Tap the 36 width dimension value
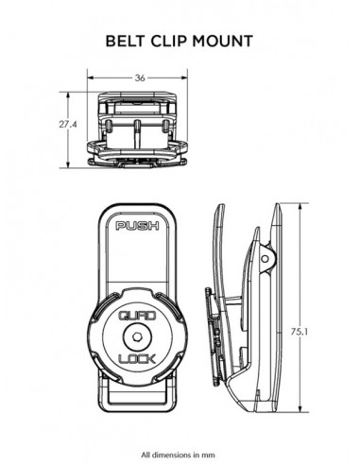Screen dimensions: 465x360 [x=139, y=79]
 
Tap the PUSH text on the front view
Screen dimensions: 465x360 [x=139, y=227]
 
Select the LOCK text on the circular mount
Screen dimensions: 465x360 [x=139, y=360]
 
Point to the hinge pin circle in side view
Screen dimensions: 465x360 [x=266, y=258]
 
